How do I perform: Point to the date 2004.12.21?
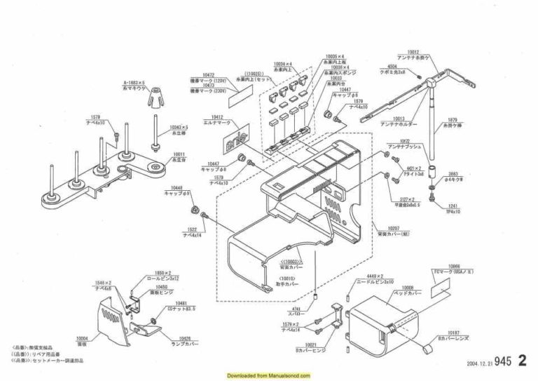478,364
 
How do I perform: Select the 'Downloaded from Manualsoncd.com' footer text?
269,375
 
